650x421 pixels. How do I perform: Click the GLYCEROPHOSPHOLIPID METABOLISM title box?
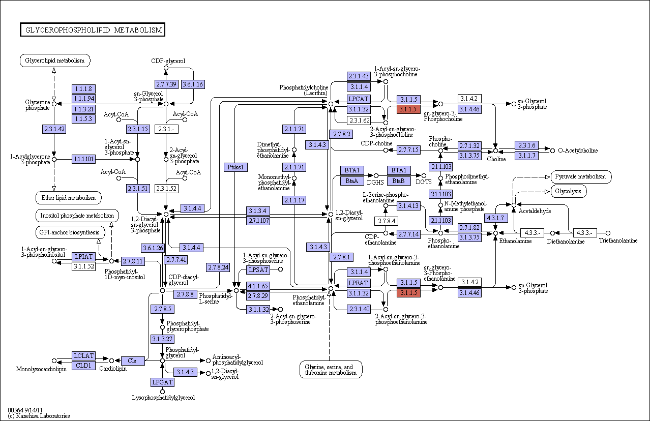pos(93,29)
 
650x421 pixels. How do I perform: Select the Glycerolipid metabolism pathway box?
pos(55,61)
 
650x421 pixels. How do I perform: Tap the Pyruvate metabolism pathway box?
pos(581,177)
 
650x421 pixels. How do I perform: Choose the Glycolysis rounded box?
pos(568,192)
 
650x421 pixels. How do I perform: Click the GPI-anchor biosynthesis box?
pos(70,232)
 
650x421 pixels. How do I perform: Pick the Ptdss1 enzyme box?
pos(235,167)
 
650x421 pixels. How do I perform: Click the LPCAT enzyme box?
pos(359,99)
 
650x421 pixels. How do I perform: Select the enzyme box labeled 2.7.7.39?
pos(166,84)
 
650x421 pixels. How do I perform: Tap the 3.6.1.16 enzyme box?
pos(193,84)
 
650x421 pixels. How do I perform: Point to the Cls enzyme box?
pos(132,360)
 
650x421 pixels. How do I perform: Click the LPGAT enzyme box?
pos(163,382)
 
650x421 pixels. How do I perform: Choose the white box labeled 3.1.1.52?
pos(83,266)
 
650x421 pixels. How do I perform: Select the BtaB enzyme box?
pos(399,181)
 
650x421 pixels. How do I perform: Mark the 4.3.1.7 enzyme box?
pos(496,218)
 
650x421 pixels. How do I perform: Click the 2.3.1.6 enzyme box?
pos(527,145)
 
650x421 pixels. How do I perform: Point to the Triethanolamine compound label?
pos(618,240)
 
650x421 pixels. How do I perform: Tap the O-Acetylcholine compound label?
pos(578,151)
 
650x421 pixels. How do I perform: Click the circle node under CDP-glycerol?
pos(166,68)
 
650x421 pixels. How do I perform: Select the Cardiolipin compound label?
pos(113,369)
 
